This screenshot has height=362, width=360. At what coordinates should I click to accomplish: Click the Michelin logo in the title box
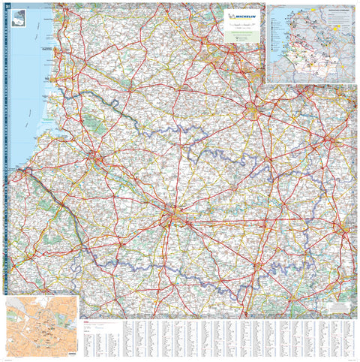pyautogui.click(x=243, y=14)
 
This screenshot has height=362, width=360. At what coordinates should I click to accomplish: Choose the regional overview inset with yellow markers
pyautogui.click(x=312, y=44)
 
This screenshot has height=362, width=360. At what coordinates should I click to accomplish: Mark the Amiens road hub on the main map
pyautogui.click(x=172, y=219)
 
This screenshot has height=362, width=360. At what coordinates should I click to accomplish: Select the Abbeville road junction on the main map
pyautogui.click(x=95, y=158)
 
